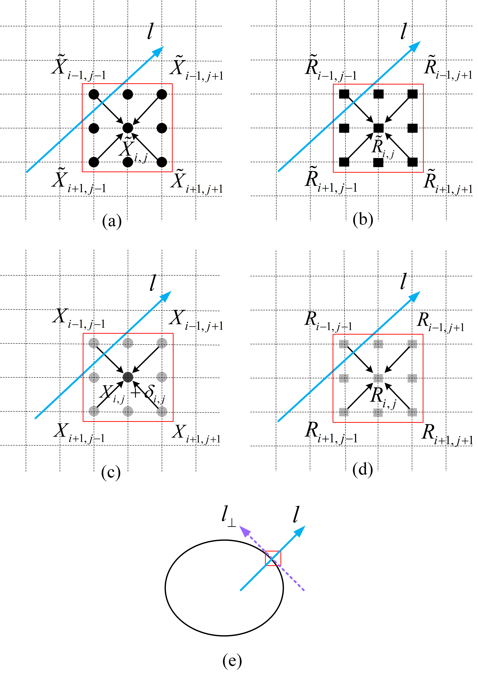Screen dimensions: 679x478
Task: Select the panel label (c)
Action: tap(111, 472)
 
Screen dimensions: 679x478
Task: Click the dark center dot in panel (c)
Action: tap(128, 377)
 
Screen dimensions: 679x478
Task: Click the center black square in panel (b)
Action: tap(378, 128)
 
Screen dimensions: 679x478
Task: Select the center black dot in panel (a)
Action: tap(128, 128)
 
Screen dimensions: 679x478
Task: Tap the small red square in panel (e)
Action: tap(273, 558)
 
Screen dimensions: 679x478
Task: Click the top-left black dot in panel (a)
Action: tap(94, 94)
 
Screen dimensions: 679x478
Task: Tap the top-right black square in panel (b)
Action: tap(412, 94)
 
